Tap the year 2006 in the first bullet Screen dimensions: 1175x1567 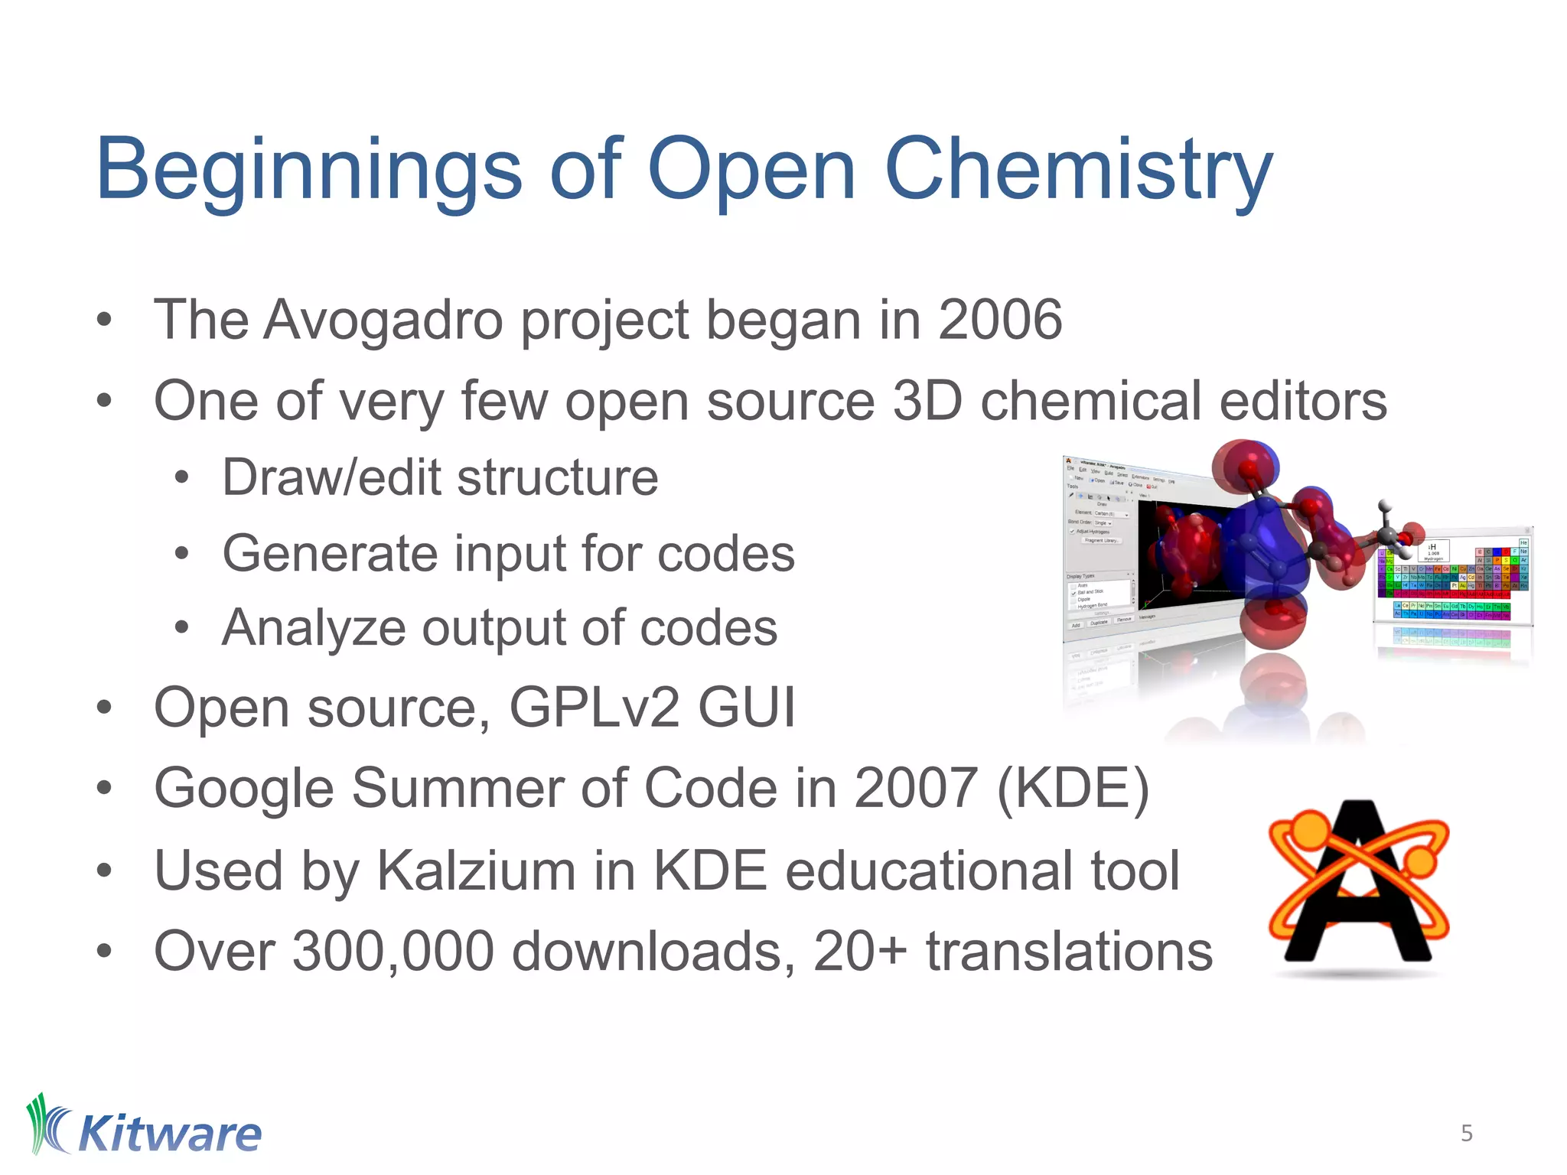tap(1000, 320)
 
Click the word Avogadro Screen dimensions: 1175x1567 tap(383, 320)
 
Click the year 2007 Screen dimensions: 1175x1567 tap(915, 788)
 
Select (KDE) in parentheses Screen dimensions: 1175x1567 tap(1073, 788)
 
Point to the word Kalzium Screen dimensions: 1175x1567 tap(476, 871)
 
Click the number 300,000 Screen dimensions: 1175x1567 tap(393, 952)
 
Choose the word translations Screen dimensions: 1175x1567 tap(1069, 952)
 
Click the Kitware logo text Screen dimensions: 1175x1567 tap(170, 1134)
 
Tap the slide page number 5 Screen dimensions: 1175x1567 tap(1466, 1133)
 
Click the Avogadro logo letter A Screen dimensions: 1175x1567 tap(1358, 884)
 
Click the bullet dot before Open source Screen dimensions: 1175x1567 tap(105, 708)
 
